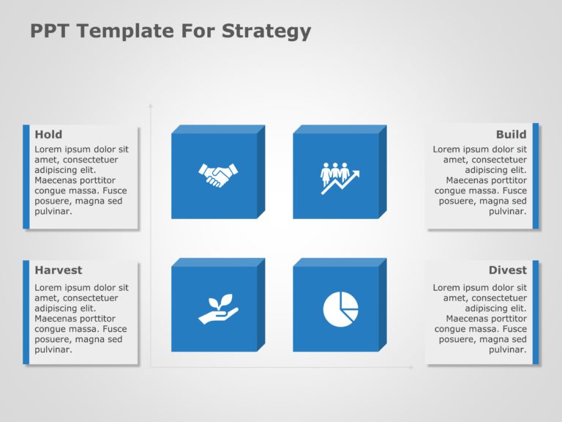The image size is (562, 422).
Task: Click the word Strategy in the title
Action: click(266, 32)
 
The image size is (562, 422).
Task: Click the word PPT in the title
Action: click(50, 31)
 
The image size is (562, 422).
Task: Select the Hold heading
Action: click(48, 134)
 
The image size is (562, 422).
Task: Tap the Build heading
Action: click(511, 134)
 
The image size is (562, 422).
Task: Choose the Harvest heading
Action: click(59, 270)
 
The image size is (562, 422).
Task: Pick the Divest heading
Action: click(508, 270)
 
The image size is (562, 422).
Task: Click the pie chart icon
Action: click(340, 309)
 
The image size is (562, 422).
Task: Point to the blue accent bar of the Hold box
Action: click(26, 177)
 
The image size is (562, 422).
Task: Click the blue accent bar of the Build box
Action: click(536, 176)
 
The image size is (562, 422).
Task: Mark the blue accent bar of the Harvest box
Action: click(26, 312)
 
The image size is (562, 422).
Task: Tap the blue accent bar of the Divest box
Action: click(536, 312)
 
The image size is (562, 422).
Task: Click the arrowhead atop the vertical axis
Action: click(151, 105)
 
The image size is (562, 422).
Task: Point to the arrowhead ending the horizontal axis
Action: click(411, 367)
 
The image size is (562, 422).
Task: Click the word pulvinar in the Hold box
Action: click(53, 212)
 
